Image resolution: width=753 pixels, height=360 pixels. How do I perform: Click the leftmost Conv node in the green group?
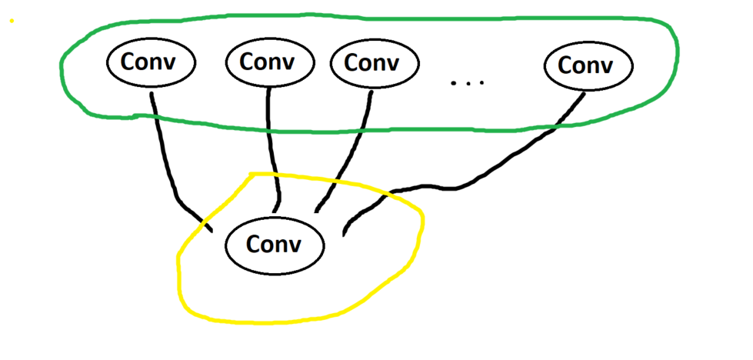click(x=151, y=62)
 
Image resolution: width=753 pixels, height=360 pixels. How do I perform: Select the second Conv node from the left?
click(x=268, y=62)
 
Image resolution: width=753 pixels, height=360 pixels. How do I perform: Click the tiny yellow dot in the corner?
click(x=12, y=20)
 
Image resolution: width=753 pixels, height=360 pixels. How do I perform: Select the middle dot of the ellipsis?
click(x=468, y=82)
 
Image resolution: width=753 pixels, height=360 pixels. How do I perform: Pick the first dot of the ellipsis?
click(x=455, y=82)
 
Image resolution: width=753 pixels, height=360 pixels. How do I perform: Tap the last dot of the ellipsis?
click(x=481, y=82)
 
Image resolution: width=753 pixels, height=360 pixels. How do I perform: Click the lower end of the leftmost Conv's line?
click(x=210, y=228)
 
